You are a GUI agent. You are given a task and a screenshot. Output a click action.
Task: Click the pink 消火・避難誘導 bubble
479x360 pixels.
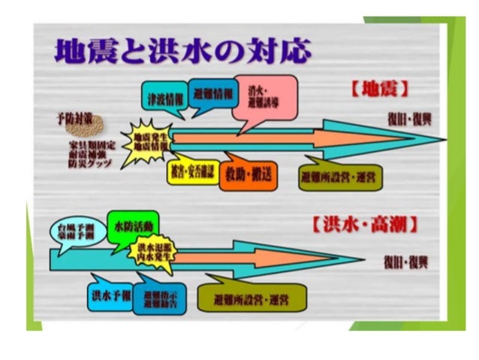coord(263,97)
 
